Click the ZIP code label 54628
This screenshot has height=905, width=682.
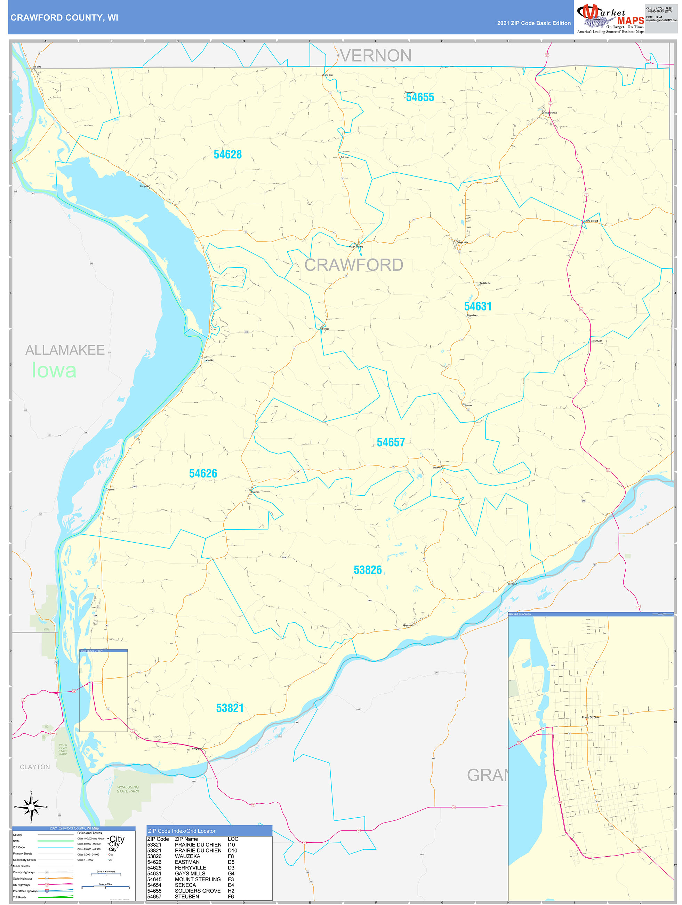click(227, 155)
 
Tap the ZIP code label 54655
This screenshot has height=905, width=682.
click(419, 97)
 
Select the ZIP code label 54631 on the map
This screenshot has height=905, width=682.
click(477, 306)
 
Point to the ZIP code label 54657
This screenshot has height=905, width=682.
click(391, 442)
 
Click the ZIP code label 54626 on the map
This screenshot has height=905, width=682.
click(203, 473)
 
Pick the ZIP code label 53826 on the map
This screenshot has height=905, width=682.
click(367, 570)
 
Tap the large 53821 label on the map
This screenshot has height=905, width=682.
click(230, 708)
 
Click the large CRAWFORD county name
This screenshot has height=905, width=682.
click(353, 265)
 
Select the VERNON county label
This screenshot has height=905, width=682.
click(375, 56)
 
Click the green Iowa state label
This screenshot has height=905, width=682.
click(54, 370)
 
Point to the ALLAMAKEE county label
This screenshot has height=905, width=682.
click(65, 350)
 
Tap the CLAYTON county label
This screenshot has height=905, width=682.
click(35, 767)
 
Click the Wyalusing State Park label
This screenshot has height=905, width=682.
click(128, 789)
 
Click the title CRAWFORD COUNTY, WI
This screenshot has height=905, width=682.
click(64, 18)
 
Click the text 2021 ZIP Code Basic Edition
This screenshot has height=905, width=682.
click(533, 23)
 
